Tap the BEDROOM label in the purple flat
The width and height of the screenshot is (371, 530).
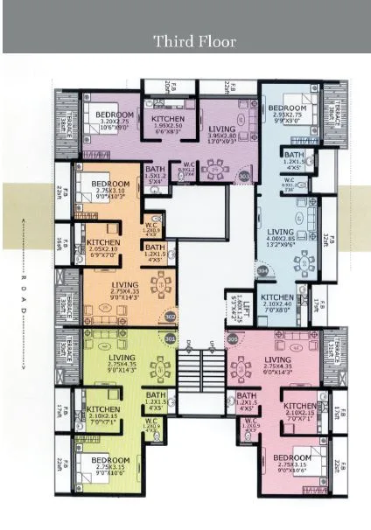point(114,115)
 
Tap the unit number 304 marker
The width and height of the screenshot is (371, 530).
point(262,270)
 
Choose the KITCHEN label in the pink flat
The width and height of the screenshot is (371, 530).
point(298,407)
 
